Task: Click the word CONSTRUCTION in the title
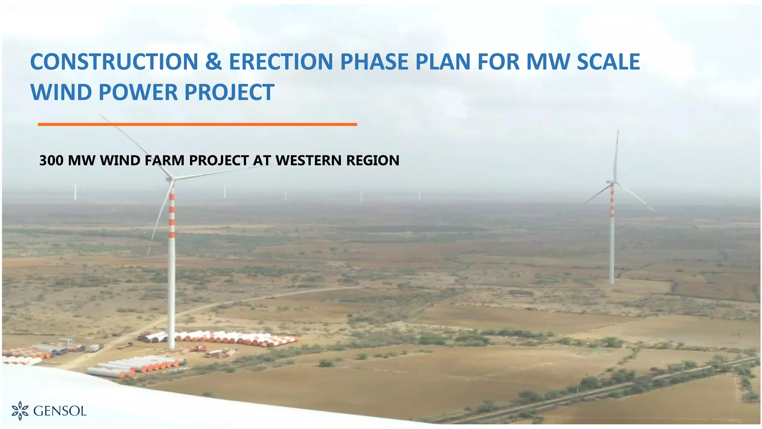pos(114,62)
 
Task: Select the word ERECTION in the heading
pos(281,62)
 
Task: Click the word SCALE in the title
pos(608,62)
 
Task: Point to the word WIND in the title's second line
pos(61,92)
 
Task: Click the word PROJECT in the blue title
pos(229,92)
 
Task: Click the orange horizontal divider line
pos(197,124)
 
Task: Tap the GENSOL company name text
pos(60,411)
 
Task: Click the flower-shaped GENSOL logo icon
pos(20,411)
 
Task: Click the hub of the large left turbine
pos(171,179)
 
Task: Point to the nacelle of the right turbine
pos(611,182)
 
